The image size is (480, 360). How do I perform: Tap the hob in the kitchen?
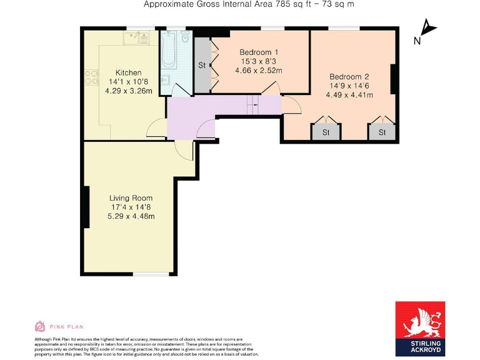pos(92,77)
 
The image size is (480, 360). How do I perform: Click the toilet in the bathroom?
pos(184,39)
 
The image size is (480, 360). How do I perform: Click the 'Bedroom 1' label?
pos(259,52)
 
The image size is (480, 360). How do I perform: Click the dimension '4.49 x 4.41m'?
pos(349,95)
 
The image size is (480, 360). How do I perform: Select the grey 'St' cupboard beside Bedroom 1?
pos(202,65)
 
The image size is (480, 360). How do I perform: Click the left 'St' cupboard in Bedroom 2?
pos(326,132)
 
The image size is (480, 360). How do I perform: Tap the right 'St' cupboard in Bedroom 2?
pos(381,132)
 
